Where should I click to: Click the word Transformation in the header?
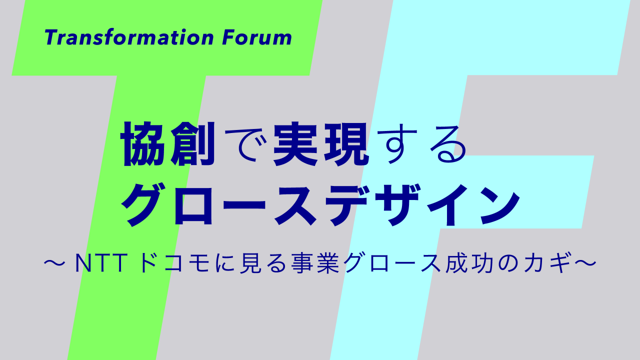click(x=129, y=37)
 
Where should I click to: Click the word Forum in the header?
click(x=257, y=37)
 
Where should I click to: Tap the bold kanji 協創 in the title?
click(x=168, y=144)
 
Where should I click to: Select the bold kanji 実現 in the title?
click(x=321, y=144)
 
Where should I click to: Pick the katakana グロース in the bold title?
click(x=219, y=204)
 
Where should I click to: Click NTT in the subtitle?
click(x=101, y=263)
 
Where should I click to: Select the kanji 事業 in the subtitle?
click(x=315, y=263)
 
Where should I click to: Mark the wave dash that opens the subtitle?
click(x=54, y=263)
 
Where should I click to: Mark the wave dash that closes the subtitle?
click(x=585, y=263)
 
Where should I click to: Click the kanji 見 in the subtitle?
click(x=251, y=263)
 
